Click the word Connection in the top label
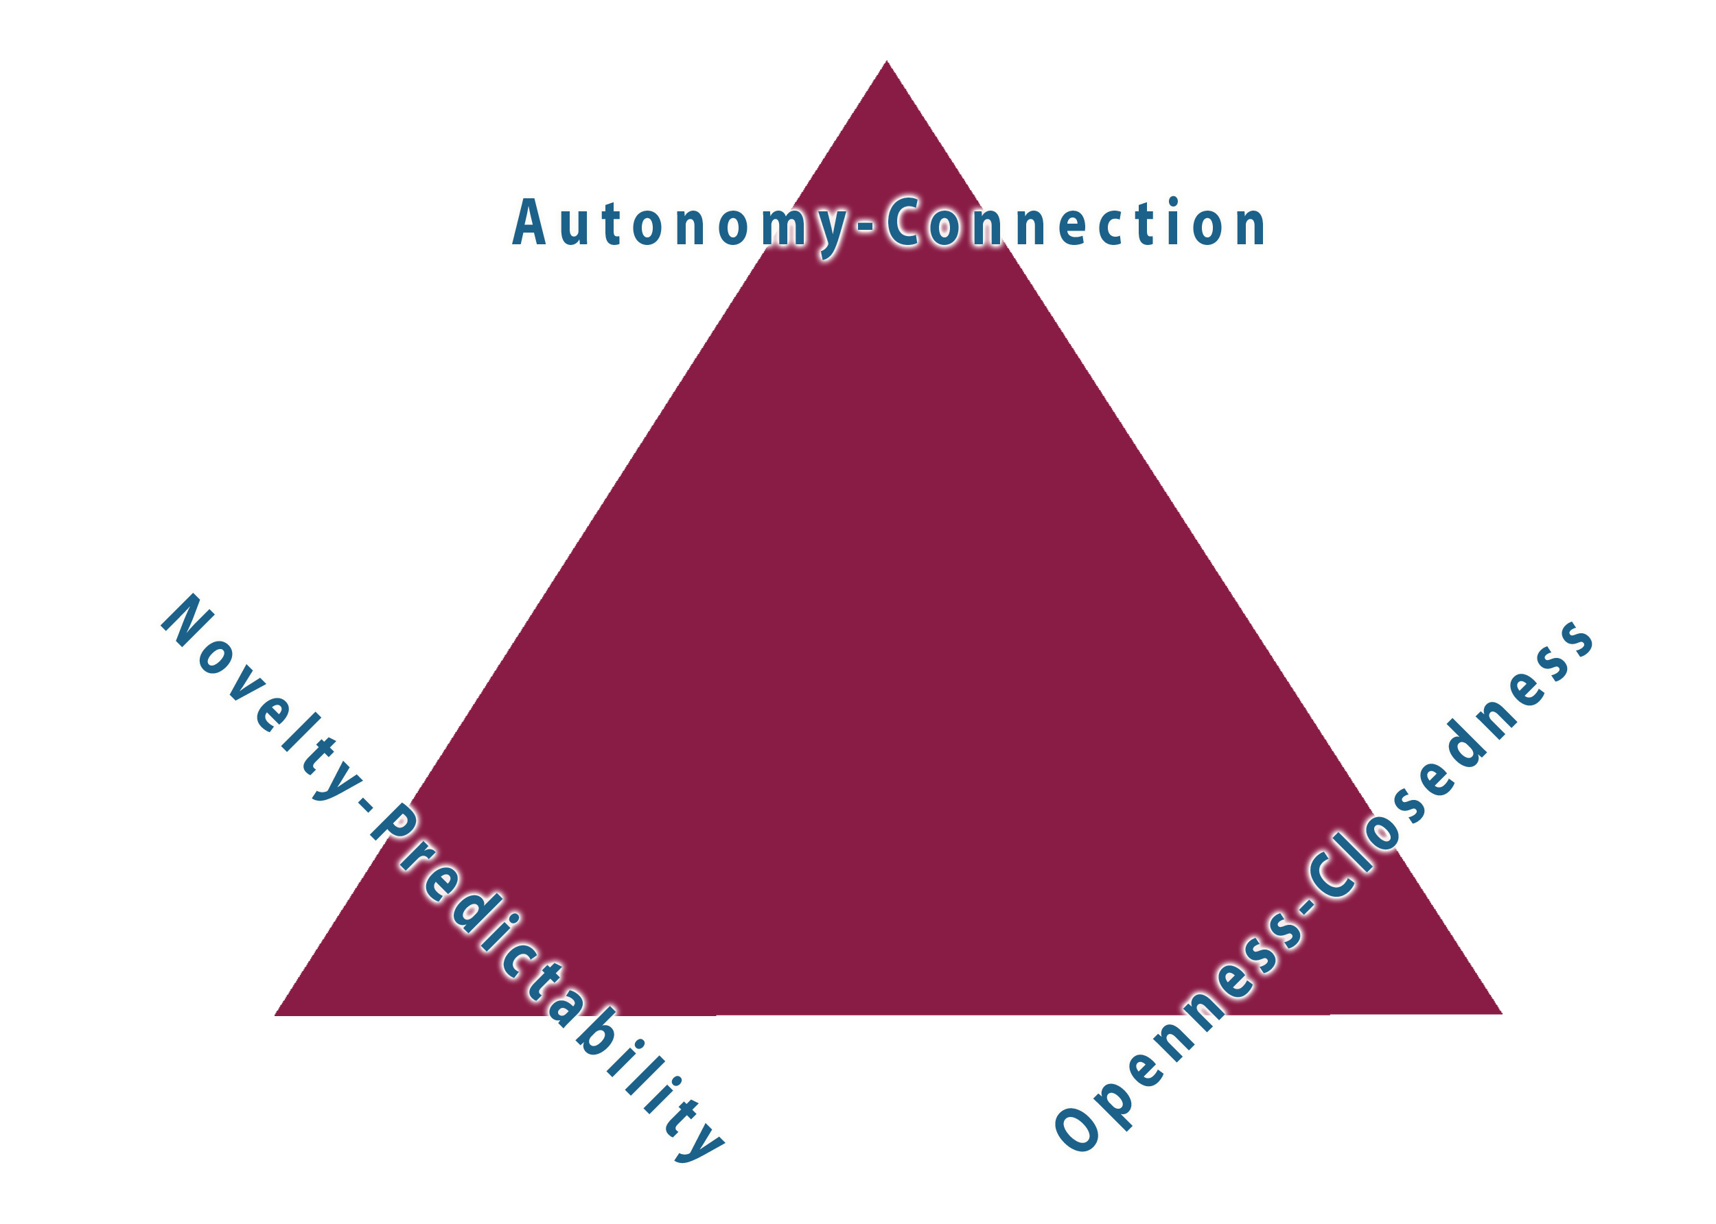[1074, 224]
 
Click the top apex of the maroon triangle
[886, 63]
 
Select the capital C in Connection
[903, 223]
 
